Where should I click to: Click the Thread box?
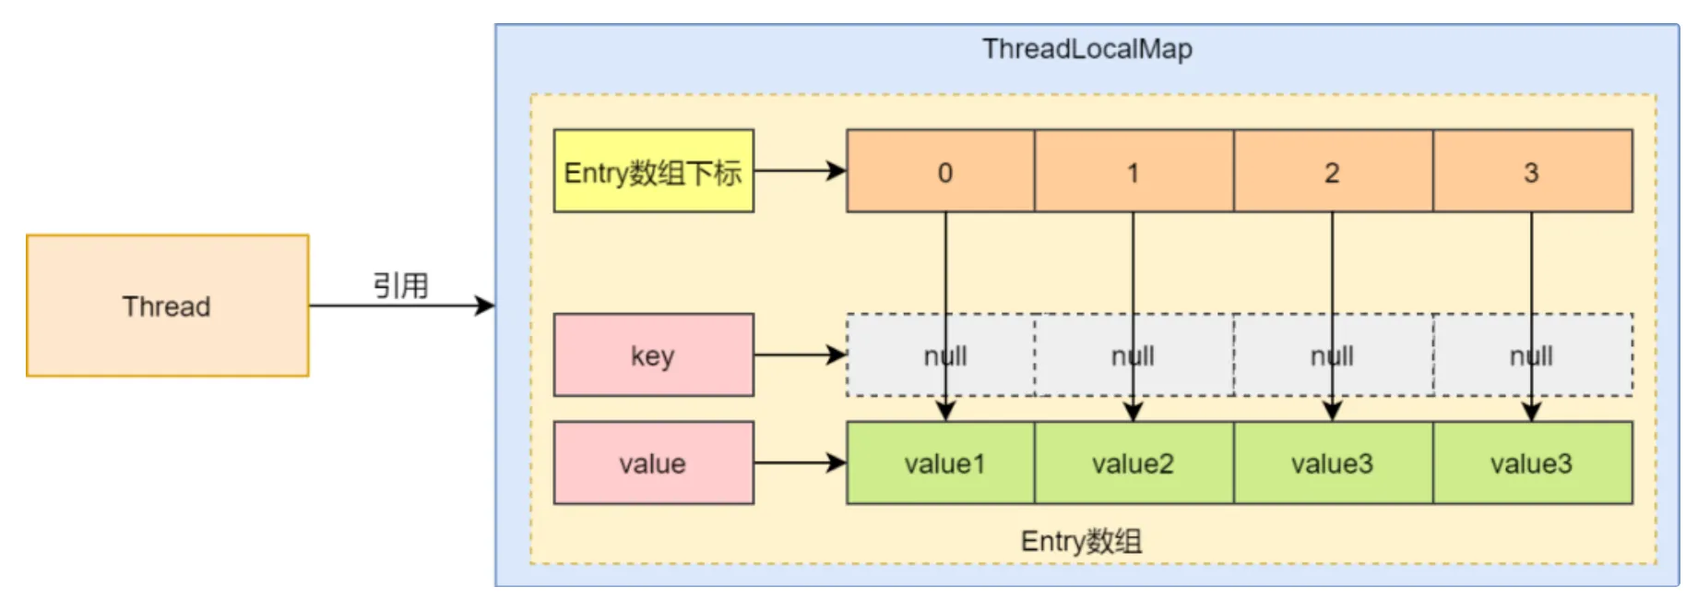(x=167, y=305)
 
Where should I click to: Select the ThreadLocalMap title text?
(x=1086, y=49)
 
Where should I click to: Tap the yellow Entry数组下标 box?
(x=653, y=171)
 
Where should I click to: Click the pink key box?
(x=653, y=355)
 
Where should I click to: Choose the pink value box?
(x=653, y=463)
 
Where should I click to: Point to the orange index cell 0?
(x=941, y=171)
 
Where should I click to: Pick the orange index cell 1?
(x=1134, y=171)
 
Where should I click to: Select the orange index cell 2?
(x=1333, y=171)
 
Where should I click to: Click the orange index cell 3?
(x=1533, y=171)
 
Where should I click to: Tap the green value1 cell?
(x=941, y=463)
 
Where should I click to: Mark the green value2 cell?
(x=1134, y=463)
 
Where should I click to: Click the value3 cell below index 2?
(x=1333, y=463)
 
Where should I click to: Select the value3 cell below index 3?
(x=1533, y=463)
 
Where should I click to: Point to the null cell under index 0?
(x=941, y=355)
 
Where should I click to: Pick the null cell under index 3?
(x=1533, y=355)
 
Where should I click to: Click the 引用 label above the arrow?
(x=401, y=285)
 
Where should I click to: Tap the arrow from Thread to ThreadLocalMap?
(x=402, y=305)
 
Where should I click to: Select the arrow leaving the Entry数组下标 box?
(x=800, y=171)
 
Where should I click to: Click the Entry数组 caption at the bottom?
(x=1081, y=541)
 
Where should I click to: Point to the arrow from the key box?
(x=800, y=354)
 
